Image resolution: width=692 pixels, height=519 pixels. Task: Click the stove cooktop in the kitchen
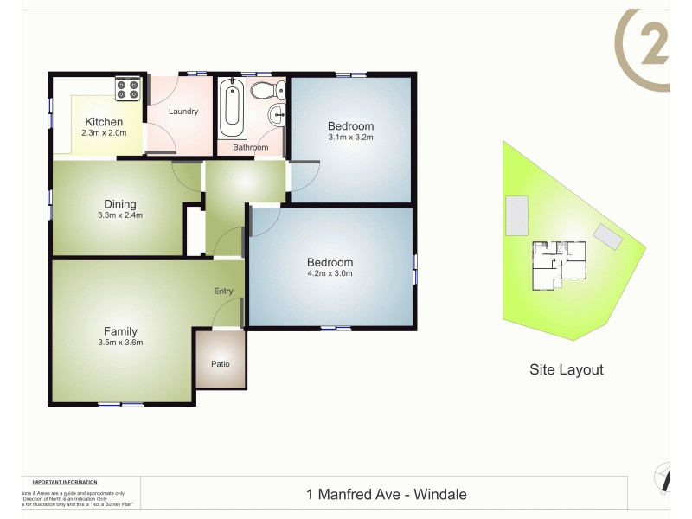[x=128, y=90]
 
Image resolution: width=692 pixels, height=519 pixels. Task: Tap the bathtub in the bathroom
[x=233, y=110]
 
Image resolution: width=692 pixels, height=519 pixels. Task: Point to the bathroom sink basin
[x=278, y=114]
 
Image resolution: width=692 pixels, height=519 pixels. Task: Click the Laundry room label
[x=183, y=111]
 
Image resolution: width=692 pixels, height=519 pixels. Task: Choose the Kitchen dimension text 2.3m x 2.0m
[x=105, y=133]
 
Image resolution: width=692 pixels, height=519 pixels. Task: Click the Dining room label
[x=120, y=204]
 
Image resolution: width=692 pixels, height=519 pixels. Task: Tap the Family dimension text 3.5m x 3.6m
[x=120, y=343]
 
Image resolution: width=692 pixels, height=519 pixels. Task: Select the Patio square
[x=221, y=363]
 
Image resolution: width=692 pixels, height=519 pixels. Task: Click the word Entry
[x=223, y=291]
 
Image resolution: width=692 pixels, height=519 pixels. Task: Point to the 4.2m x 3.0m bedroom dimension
[x=330, y=273]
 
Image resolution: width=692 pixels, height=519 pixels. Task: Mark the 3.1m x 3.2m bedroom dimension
[x=350, y=137]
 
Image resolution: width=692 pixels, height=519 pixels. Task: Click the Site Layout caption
[x=566, y=369]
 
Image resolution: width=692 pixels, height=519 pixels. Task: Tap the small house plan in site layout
[x=559, y=265]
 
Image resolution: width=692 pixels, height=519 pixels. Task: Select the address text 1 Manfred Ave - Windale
[x=387, y=495]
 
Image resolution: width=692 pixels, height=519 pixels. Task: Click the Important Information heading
[x=65, y=482]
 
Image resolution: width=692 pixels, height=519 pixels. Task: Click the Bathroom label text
[x=250, y=147]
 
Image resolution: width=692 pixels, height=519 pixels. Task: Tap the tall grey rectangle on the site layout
[x=517, y=215]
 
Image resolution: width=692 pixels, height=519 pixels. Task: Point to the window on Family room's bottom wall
[x=121, y=404]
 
